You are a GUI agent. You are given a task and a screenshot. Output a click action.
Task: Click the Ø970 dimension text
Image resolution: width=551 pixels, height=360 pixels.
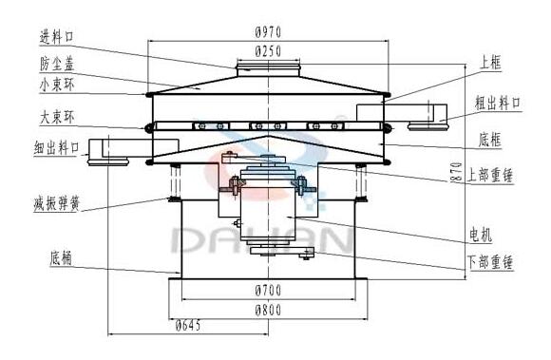268,32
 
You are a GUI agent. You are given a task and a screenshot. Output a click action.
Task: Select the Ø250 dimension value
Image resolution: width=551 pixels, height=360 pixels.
268,51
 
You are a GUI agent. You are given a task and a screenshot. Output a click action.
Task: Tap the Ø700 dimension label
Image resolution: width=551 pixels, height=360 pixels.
268,291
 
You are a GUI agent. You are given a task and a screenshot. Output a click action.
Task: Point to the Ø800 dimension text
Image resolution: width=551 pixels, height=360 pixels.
268,310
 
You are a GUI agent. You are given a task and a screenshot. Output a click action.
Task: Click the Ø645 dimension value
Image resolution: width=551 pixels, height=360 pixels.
188,326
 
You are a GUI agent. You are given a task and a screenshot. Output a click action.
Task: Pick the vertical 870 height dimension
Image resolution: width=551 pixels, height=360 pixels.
456,172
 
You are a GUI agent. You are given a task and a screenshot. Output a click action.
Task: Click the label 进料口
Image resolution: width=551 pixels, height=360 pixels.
57,36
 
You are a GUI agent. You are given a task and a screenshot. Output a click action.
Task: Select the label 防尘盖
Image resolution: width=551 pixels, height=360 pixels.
57,64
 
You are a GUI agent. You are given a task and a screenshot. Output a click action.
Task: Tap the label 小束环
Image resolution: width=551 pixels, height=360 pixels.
57,85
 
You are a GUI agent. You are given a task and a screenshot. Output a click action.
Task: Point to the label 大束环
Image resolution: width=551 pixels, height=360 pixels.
57,118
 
